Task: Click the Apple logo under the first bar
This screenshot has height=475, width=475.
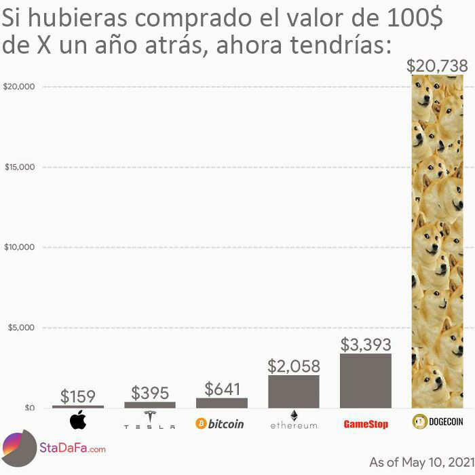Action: [x=78, y=421]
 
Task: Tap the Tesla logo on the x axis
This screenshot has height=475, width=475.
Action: [x=149, y=421]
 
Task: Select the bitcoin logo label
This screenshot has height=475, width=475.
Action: [x=220, y=423]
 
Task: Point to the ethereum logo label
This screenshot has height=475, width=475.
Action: [x=294, y=421]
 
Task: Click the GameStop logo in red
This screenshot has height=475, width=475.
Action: [x=366, y=424]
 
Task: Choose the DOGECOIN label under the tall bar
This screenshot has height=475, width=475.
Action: [x=438, y=422]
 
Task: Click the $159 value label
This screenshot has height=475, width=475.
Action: [x=78, y=396]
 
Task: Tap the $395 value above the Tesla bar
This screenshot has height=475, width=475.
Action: [x=149, y=392]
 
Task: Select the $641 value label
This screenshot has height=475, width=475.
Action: [x=222, y=389]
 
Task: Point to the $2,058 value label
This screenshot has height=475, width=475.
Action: [x=294, y=366]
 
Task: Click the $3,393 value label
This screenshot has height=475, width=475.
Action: [x=366, y=343]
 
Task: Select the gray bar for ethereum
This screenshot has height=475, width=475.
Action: [x=294, y=391]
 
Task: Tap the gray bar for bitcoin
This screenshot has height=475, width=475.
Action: [x=222, y=402]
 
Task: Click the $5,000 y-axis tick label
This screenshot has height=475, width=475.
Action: [x=20, y=328]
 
